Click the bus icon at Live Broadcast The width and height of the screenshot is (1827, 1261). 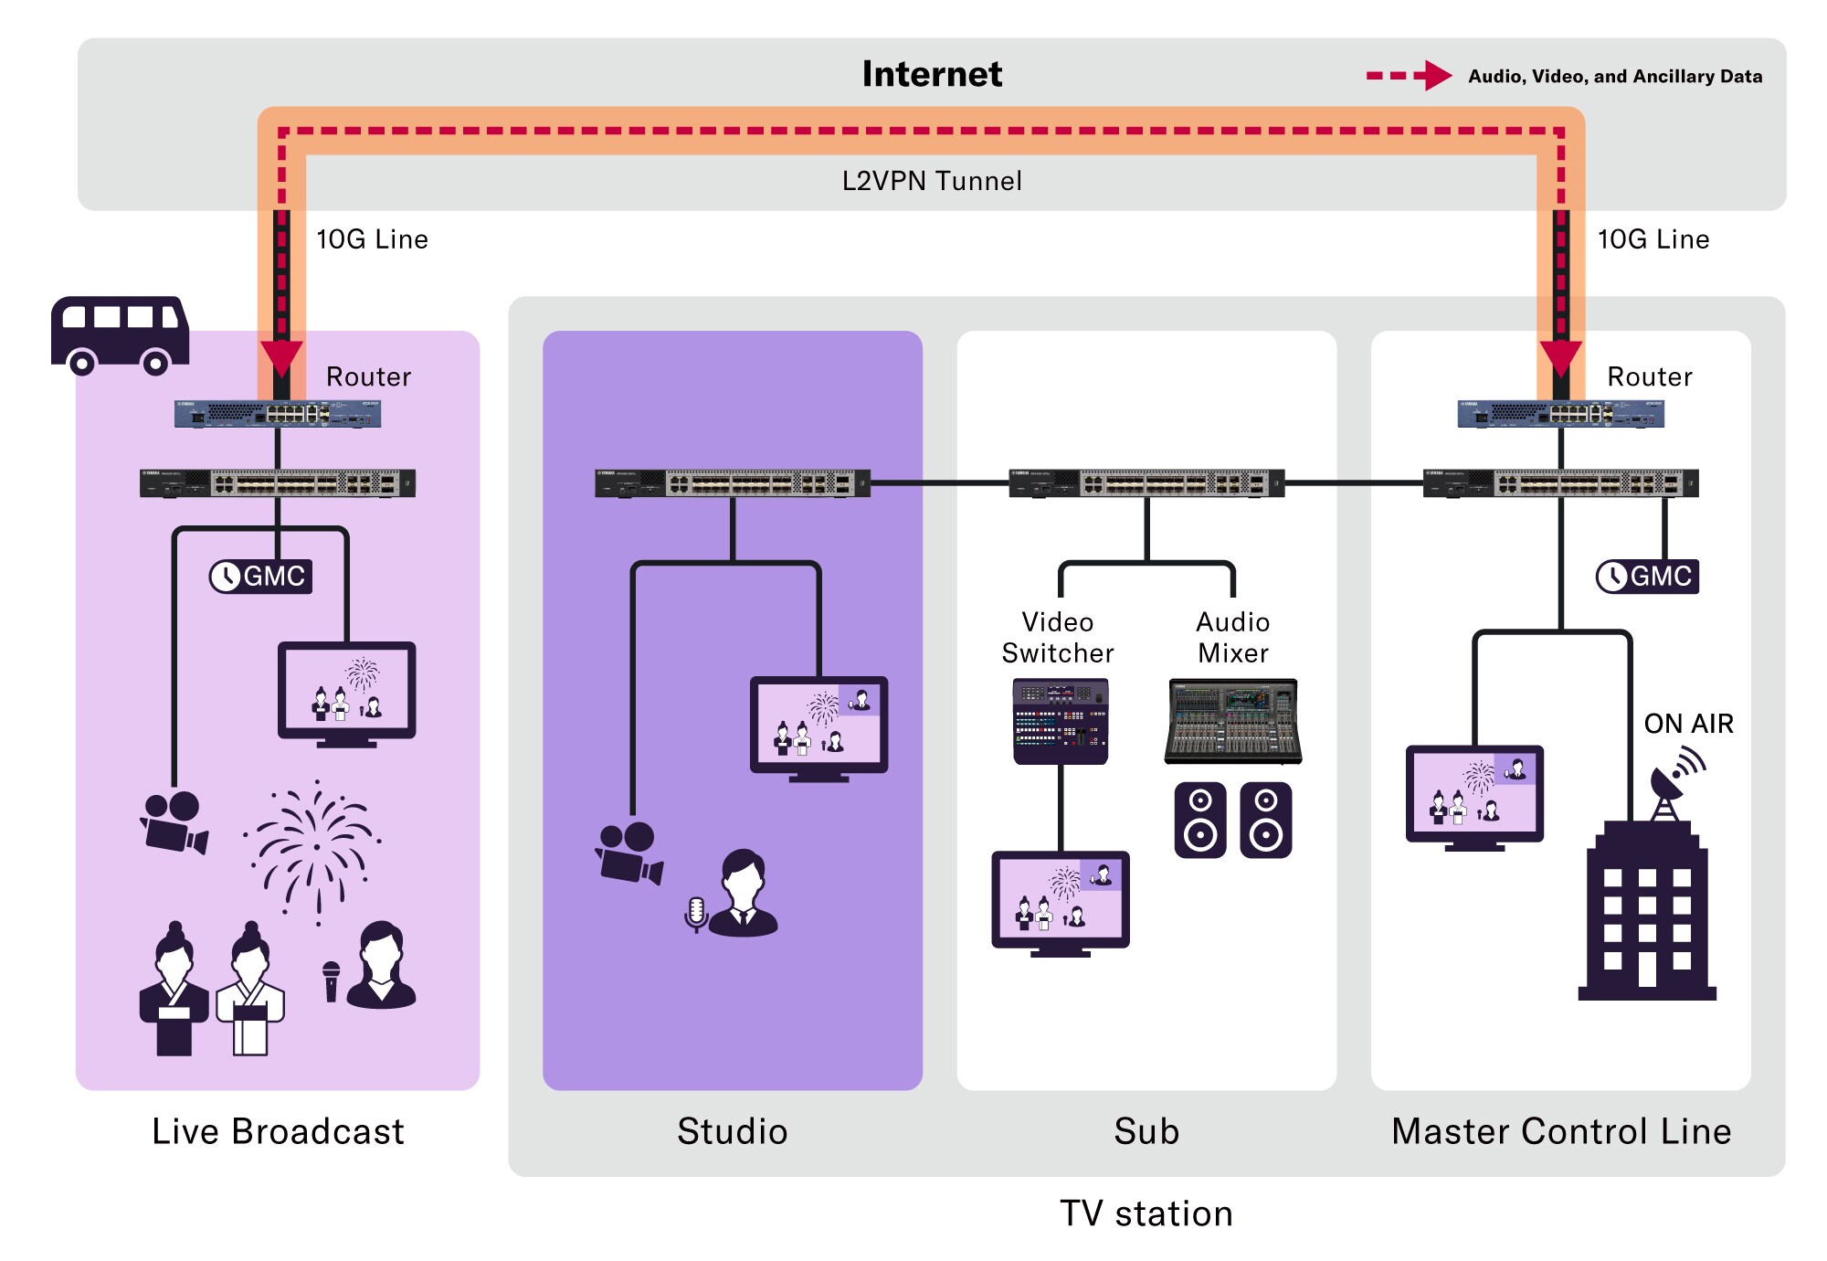tap(120, 334)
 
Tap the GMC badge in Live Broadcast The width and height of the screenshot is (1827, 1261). tap(261, 577)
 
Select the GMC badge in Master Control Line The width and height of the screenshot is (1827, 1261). tap(1647, 577)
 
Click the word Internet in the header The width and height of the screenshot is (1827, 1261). tap(932, 74)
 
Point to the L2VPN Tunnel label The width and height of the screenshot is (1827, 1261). tap(932, 181)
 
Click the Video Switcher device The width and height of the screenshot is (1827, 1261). tap(1060, 721)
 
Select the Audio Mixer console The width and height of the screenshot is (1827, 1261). tap(1233, 721)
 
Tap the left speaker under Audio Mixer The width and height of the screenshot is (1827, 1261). tap(1200, 820)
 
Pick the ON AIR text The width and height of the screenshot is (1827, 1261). tap(1688, 724)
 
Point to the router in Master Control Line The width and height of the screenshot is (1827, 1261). tap(1560, 414)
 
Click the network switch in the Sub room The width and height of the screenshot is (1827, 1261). tap(1146, 482)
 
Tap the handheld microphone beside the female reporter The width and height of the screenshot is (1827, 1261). tap(331, 981)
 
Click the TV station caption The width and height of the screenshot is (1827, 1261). tap(1146, 1213)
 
